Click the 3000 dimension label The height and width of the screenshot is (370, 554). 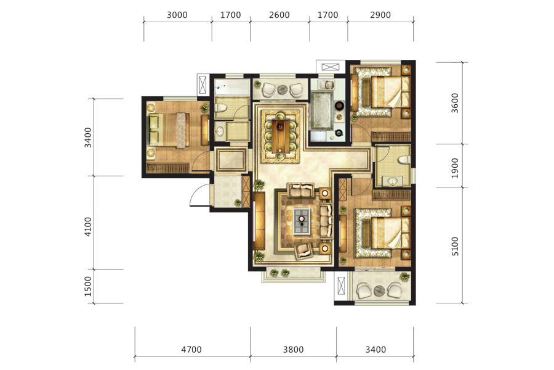click(x=177, y=15)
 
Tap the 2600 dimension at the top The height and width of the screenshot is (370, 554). click(x=279, y=15)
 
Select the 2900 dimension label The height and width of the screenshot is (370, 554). click(x=380, y=15)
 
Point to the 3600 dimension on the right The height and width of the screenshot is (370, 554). click(x=455, y=103)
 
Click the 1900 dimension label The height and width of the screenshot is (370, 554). click(x=455, y=168)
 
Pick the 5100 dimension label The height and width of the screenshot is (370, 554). click(x=455, y=246)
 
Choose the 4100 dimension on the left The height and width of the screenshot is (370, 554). click(x=87, y=226)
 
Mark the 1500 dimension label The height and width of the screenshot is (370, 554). click(x=87, y=286)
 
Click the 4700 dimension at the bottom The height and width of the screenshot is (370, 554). click(x=191, y=350)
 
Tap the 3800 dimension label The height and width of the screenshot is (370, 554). click(x=293, y=350)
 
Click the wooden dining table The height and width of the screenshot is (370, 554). click(x=281, y=136)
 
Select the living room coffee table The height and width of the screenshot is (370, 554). click(x=302, y=221)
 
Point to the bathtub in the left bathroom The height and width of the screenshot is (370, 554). click(x=229, y=87)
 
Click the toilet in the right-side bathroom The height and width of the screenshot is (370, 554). click(x=404, y=160)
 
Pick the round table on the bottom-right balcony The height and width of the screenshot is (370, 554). click(x=379, y=290)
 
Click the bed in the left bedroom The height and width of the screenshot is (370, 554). click(x=169, y=129)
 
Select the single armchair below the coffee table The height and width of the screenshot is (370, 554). click(x=303, y=251)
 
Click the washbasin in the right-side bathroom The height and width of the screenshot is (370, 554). click(x=393, y=182)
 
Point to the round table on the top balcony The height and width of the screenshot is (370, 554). click(x=283, y=89)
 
